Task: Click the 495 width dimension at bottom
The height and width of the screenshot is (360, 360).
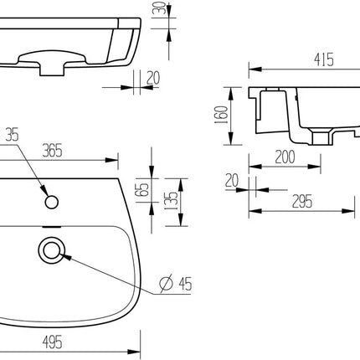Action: (54, 342)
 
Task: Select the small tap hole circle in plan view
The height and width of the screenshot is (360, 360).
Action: (51, 201)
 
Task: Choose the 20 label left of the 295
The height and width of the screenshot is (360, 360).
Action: (231, 180)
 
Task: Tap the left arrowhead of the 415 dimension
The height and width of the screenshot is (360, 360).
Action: (251, 68)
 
